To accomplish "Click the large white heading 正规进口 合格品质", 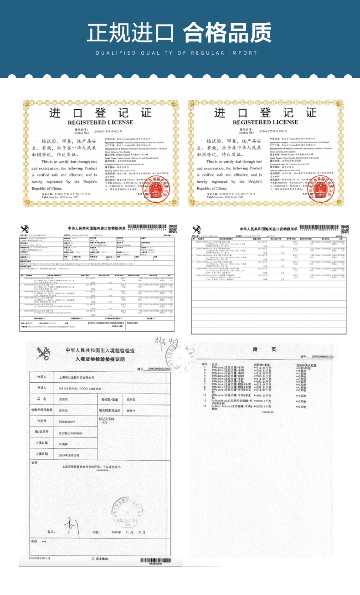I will [180, 33].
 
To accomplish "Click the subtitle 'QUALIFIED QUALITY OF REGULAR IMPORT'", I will [180, 53].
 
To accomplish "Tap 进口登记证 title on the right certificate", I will [267, 114].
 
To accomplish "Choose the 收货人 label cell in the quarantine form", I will [42, 377].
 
